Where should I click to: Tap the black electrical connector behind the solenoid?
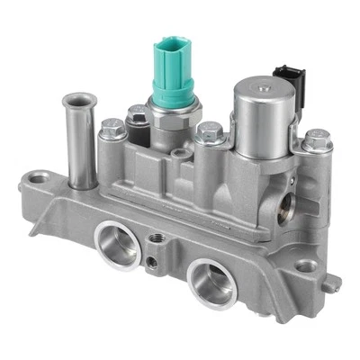click(x=287, y=77)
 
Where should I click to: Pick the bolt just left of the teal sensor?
click(x=137, y=113)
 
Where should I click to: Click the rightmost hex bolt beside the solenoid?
click(x=317, y=139)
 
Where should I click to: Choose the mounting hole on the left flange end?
click(x=38, y=179)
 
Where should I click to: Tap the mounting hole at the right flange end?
click(x=307, y=266)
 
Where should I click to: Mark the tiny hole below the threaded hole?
click(x=153, y=263)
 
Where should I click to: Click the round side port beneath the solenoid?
click(x=286, y=209)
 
